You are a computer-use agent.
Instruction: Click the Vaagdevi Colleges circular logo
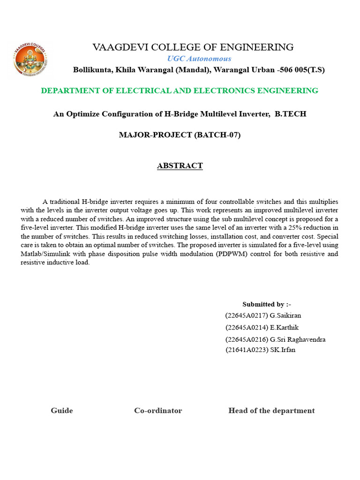click(x=30, y=60)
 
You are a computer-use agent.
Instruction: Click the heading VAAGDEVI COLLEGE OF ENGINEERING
click(x=193, y=47)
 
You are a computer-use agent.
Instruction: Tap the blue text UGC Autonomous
click(x=199, y=59)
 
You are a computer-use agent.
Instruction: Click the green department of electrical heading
click(x=180, y=91)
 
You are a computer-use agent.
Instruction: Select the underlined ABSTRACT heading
click(x=180, y=166)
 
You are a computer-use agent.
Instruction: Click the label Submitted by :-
click(x=267, y=305)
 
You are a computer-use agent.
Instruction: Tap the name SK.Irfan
click(x=283, y=350)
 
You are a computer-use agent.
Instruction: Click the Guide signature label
click(x=62, y=411)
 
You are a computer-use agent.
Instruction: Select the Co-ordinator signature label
click(x=158, y=411)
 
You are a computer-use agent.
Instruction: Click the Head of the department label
click(x=271, y=411)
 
